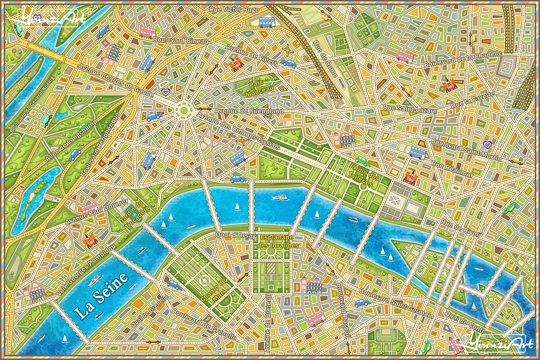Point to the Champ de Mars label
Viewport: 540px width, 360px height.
[214, 290]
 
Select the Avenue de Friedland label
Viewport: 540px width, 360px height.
[248, 111]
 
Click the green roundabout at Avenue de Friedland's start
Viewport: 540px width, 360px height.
[184, 111]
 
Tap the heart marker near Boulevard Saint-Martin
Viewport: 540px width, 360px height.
[487, 145]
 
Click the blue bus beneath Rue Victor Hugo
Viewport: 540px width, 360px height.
[266, 22]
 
